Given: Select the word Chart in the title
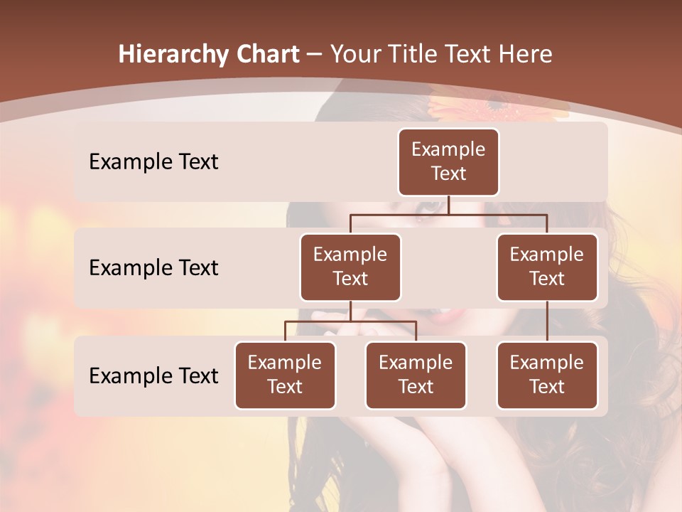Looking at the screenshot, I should coord(266,55).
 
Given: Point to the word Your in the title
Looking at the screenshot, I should coord(356,55).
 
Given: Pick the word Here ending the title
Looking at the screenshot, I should coord(525,55).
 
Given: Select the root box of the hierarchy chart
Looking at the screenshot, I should coord(448,162).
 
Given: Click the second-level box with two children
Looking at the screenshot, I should coord(350,267).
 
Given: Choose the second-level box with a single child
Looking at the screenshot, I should coord(547,267).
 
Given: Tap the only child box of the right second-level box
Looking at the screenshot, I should coord(547,375).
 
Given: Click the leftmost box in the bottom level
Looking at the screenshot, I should coord(285,375).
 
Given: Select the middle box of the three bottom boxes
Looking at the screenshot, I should coord(416,375).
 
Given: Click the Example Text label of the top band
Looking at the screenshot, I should coord(153,162).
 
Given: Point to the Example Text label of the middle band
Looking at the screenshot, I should coord(153,268).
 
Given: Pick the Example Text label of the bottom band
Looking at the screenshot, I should coord(153,375).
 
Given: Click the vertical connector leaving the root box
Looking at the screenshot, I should coord(448,205).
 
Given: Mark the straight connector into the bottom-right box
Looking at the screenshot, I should coord(547,321).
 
